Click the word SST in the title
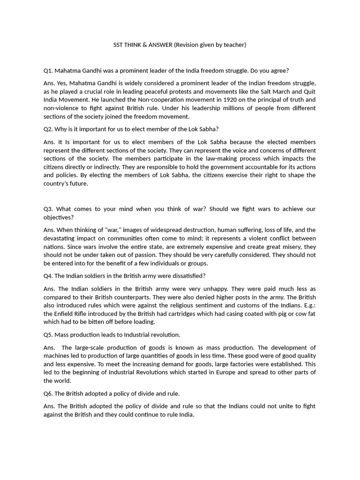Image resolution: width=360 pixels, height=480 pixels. point(119,45)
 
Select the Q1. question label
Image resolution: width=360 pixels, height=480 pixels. point(48,71)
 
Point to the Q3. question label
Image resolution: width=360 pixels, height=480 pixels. point(49,209)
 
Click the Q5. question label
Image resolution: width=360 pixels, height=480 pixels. point(48,335)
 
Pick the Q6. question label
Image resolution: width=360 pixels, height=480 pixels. point(48,393)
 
